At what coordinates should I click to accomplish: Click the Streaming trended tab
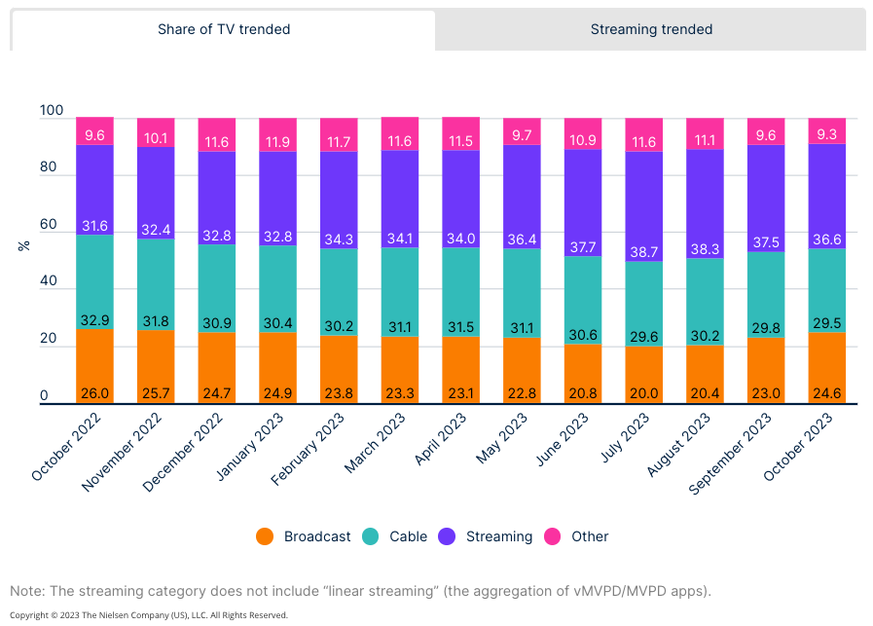pyautogui.click(x=651, y=29)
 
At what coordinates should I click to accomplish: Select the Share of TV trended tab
pyautogui.click(x=224, y=29)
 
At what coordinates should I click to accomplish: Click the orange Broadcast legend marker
pyautogui.click(x=265, y=536)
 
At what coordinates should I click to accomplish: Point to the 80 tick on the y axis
pyautogui.click(x=49, y=168)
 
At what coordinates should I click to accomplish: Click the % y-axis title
pyautogui.click(x=23, y=244)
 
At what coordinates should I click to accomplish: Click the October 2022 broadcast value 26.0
pyautogui.click(x=94, y=393)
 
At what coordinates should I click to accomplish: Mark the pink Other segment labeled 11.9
pyautogui.click(x=277, y=141)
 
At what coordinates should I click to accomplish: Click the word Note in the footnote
pyautogui.click(x=27, y=591)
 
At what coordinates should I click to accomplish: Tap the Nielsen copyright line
pyautogui.click(x=148, y=615)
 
